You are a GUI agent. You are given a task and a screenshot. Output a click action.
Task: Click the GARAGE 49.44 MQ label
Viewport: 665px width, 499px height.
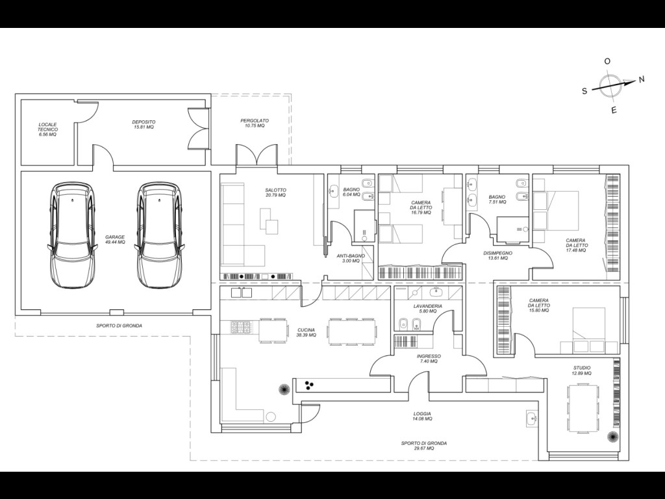115,240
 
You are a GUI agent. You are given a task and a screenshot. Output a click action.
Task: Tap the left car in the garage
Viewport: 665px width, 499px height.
71,235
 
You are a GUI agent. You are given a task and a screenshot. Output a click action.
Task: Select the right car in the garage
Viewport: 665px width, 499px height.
160,235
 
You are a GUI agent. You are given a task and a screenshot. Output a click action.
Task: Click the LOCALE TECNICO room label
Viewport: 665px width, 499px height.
47,129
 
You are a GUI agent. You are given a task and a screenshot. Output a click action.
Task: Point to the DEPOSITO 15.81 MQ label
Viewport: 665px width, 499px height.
144,124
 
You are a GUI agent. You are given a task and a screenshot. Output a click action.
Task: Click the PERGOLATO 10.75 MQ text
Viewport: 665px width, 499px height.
255,123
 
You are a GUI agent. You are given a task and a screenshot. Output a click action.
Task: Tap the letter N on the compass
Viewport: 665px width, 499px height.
641,79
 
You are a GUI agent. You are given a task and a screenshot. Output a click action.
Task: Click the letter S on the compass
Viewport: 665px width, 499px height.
584,91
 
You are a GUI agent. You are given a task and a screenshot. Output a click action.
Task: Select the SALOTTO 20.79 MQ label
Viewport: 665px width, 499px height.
275,192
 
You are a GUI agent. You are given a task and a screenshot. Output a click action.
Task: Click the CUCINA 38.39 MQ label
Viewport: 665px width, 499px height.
307,332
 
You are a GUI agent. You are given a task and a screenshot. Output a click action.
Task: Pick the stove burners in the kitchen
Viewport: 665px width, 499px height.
240,327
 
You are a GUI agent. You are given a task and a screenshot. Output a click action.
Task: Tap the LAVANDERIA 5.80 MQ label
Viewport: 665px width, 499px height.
428,309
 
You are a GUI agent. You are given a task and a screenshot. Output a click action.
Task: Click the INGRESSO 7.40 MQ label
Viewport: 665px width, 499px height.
429,359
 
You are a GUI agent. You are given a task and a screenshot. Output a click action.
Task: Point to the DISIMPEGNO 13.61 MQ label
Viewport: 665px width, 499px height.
498,255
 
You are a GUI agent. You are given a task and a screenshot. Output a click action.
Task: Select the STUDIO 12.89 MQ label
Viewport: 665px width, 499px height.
581,370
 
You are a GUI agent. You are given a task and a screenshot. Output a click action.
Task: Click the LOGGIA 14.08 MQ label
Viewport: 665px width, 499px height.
422,416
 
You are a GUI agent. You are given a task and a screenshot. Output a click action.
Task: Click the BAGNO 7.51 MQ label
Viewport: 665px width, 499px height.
497,199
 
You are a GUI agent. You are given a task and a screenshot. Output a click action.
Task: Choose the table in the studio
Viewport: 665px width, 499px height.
583,408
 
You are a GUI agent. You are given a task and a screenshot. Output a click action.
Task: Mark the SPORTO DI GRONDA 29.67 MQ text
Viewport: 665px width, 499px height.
424,446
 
